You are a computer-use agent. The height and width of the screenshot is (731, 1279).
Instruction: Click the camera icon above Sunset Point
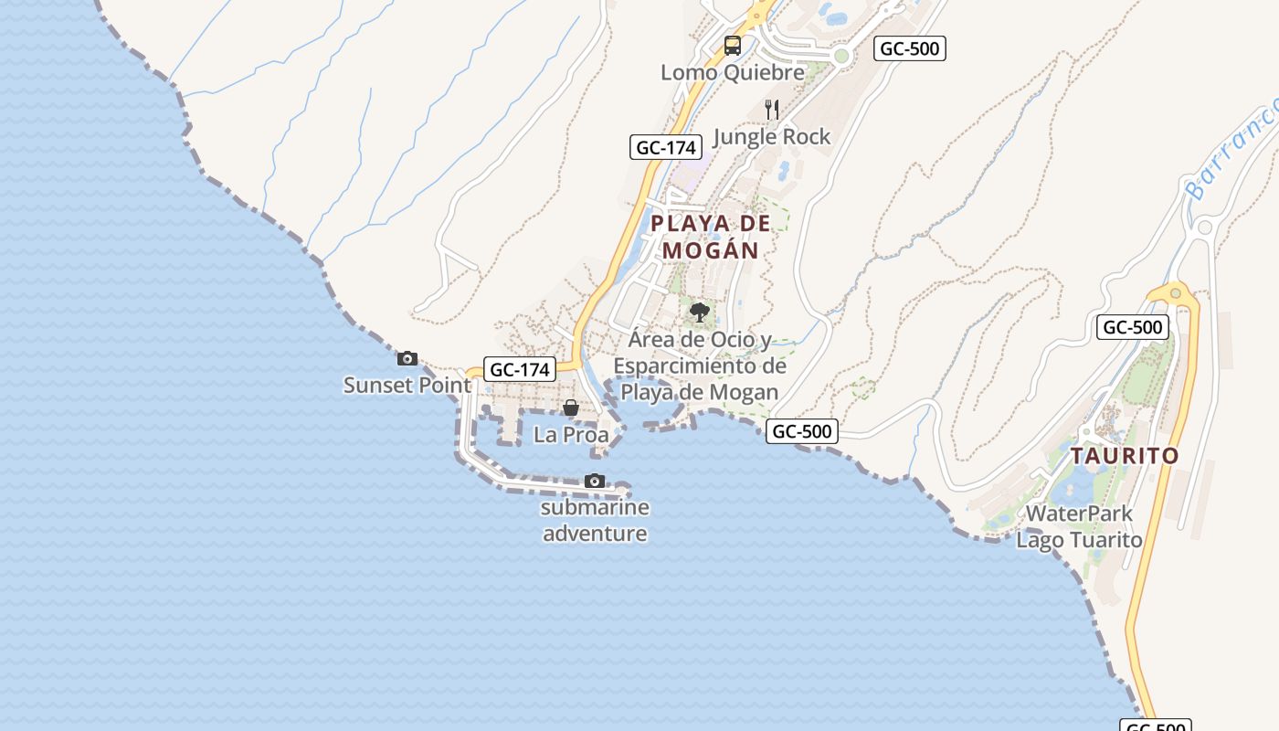[x=407, y=358]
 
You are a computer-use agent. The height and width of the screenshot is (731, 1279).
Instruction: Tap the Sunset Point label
[x=407, y=385]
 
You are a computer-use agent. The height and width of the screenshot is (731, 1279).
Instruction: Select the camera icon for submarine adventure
[x=595, y=481]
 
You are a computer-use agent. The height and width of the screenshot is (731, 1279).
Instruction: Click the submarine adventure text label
[x=595, y=520]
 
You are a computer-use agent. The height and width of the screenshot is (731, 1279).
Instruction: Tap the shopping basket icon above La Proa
[x=571, y=408]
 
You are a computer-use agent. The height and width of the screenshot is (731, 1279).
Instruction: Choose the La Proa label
[x=571, y=435]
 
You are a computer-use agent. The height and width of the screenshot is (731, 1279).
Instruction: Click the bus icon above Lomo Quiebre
[x=733, y=45]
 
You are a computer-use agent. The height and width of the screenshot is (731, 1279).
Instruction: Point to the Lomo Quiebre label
[x=733, y=72]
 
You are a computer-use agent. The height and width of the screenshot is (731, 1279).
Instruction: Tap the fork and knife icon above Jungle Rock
[x=772, y=110]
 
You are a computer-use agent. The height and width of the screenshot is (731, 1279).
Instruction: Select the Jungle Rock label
[x=772, y=137]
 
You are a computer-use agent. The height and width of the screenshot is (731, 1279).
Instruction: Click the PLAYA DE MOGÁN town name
[x=711, y=236]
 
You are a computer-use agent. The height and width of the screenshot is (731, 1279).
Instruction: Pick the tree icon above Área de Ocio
[x=700, y=313]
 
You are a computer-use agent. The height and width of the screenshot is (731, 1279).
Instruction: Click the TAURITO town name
[x=1125, y=455]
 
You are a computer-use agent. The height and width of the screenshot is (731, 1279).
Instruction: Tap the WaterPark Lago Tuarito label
[x=1079, y=526]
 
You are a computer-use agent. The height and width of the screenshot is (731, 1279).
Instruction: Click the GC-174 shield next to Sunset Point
[x=519, y=369]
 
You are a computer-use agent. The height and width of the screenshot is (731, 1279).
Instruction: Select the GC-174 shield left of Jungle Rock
[x=666, y=147]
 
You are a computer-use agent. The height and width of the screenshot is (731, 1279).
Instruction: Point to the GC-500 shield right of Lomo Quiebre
[x=909, y=48]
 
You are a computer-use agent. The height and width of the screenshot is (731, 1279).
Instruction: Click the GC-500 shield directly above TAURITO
[x=1133, y=327]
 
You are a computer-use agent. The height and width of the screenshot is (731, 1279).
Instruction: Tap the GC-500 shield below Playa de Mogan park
[x=802, y=431]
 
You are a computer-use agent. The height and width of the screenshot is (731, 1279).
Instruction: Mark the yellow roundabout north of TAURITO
[x=1176, y=294]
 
